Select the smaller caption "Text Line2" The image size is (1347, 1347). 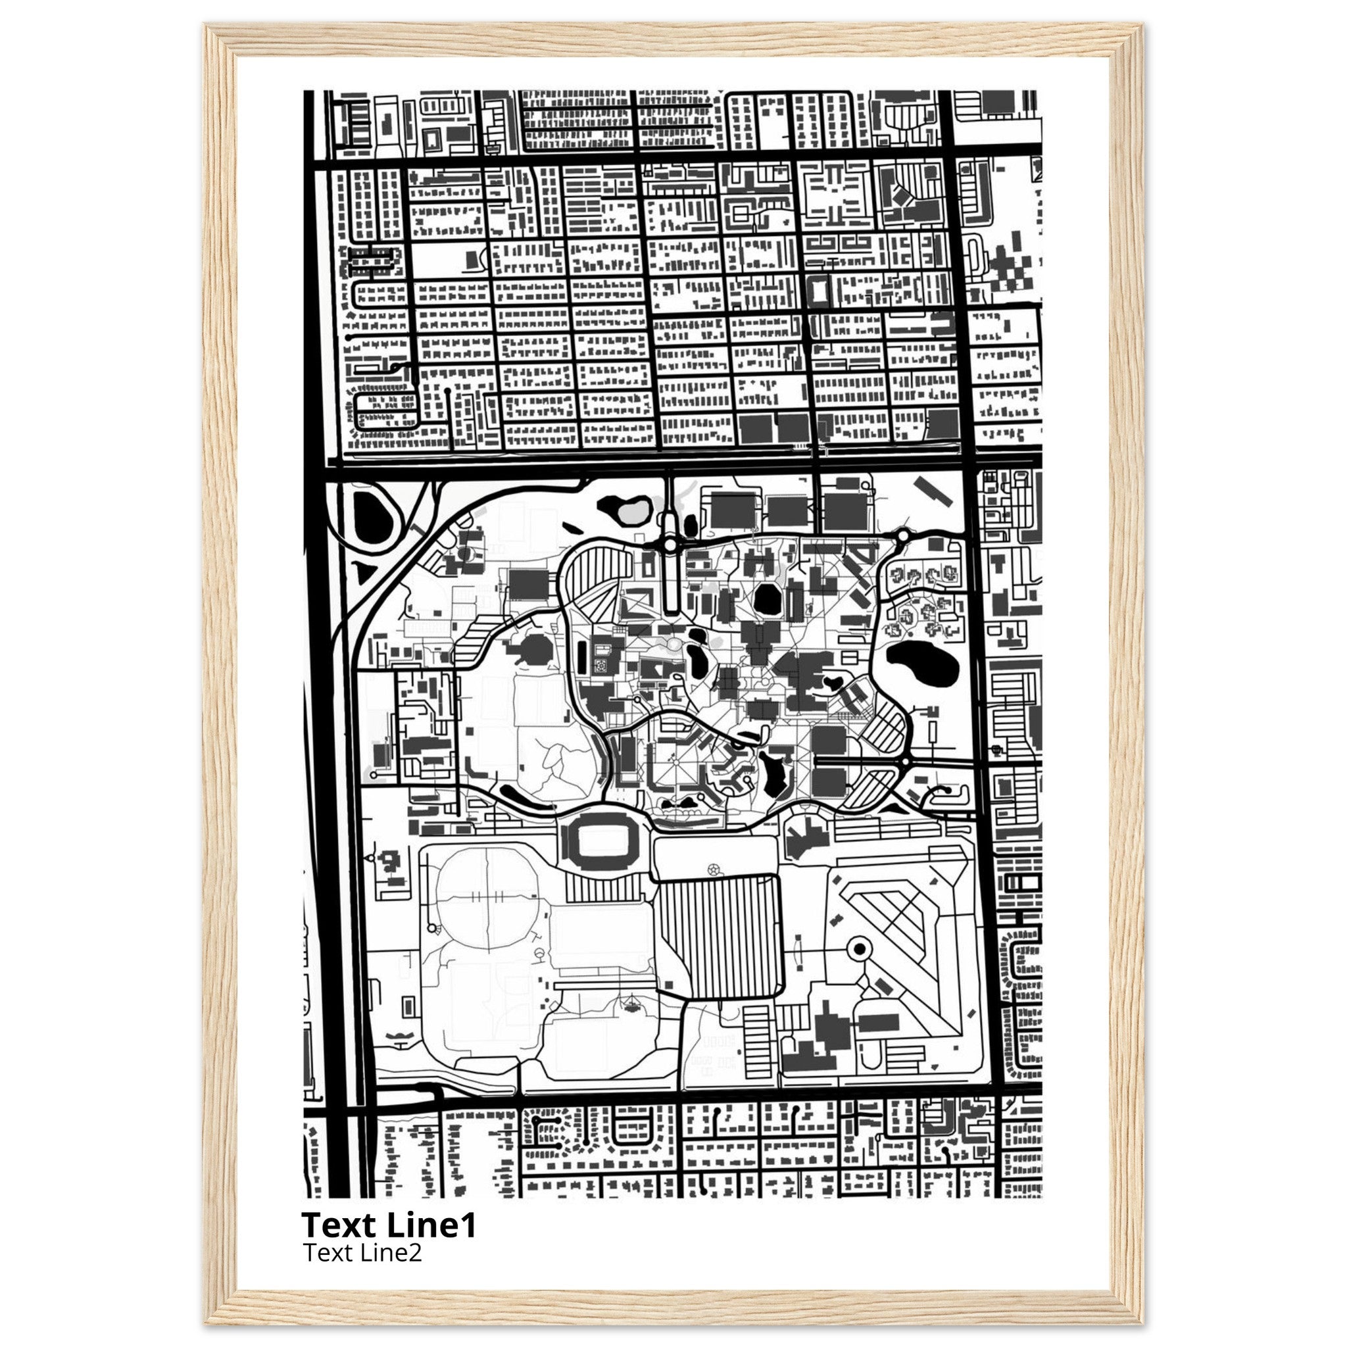tap(362, 1253)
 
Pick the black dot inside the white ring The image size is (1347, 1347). tap(860, 948)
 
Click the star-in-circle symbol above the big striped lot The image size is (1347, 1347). tap(712, 869)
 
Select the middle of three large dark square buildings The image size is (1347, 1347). tap(787, 511)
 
